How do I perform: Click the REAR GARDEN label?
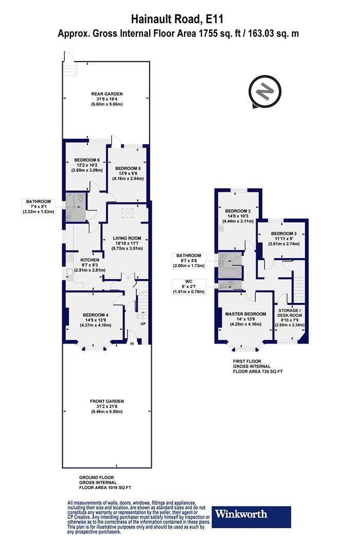[107, 94]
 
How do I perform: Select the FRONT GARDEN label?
[107, 401]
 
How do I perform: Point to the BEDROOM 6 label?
[87, 160]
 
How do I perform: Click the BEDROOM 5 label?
[128, 168]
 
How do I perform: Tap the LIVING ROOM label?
[127, 238]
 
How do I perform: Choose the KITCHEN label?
[89, 260]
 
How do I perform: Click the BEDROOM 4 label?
[96, 315]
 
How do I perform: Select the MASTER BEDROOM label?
[246, 314]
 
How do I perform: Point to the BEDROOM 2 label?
[238, 211]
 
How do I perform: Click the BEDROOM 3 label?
[283, 233]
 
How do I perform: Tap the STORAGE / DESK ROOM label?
[290, 313]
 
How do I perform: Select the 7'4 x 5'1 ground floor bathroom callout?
[38, 207]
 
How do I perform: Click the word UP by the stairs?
[142, 325]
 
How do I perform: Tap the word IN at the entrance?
[132, 344]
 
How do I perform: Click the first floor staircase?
[298, 285]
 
